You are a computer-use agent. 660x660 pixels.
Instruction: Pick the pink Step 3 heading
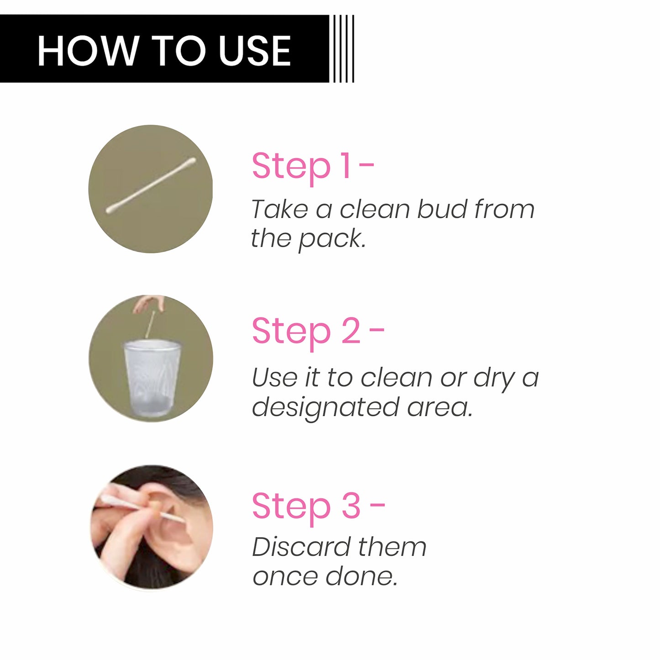coord(318,507)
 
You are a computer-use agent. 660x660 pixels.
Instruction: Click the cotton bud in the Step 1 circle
coord(151,185)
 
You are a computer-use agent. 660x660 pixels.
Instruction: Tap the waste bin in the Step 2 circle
coord(152,379)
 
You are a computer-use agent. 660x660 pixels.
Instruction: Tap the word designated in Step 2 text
coord(325,407)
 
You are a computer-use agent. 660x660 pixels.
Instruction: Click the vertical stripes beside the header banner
coord(342,48)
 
